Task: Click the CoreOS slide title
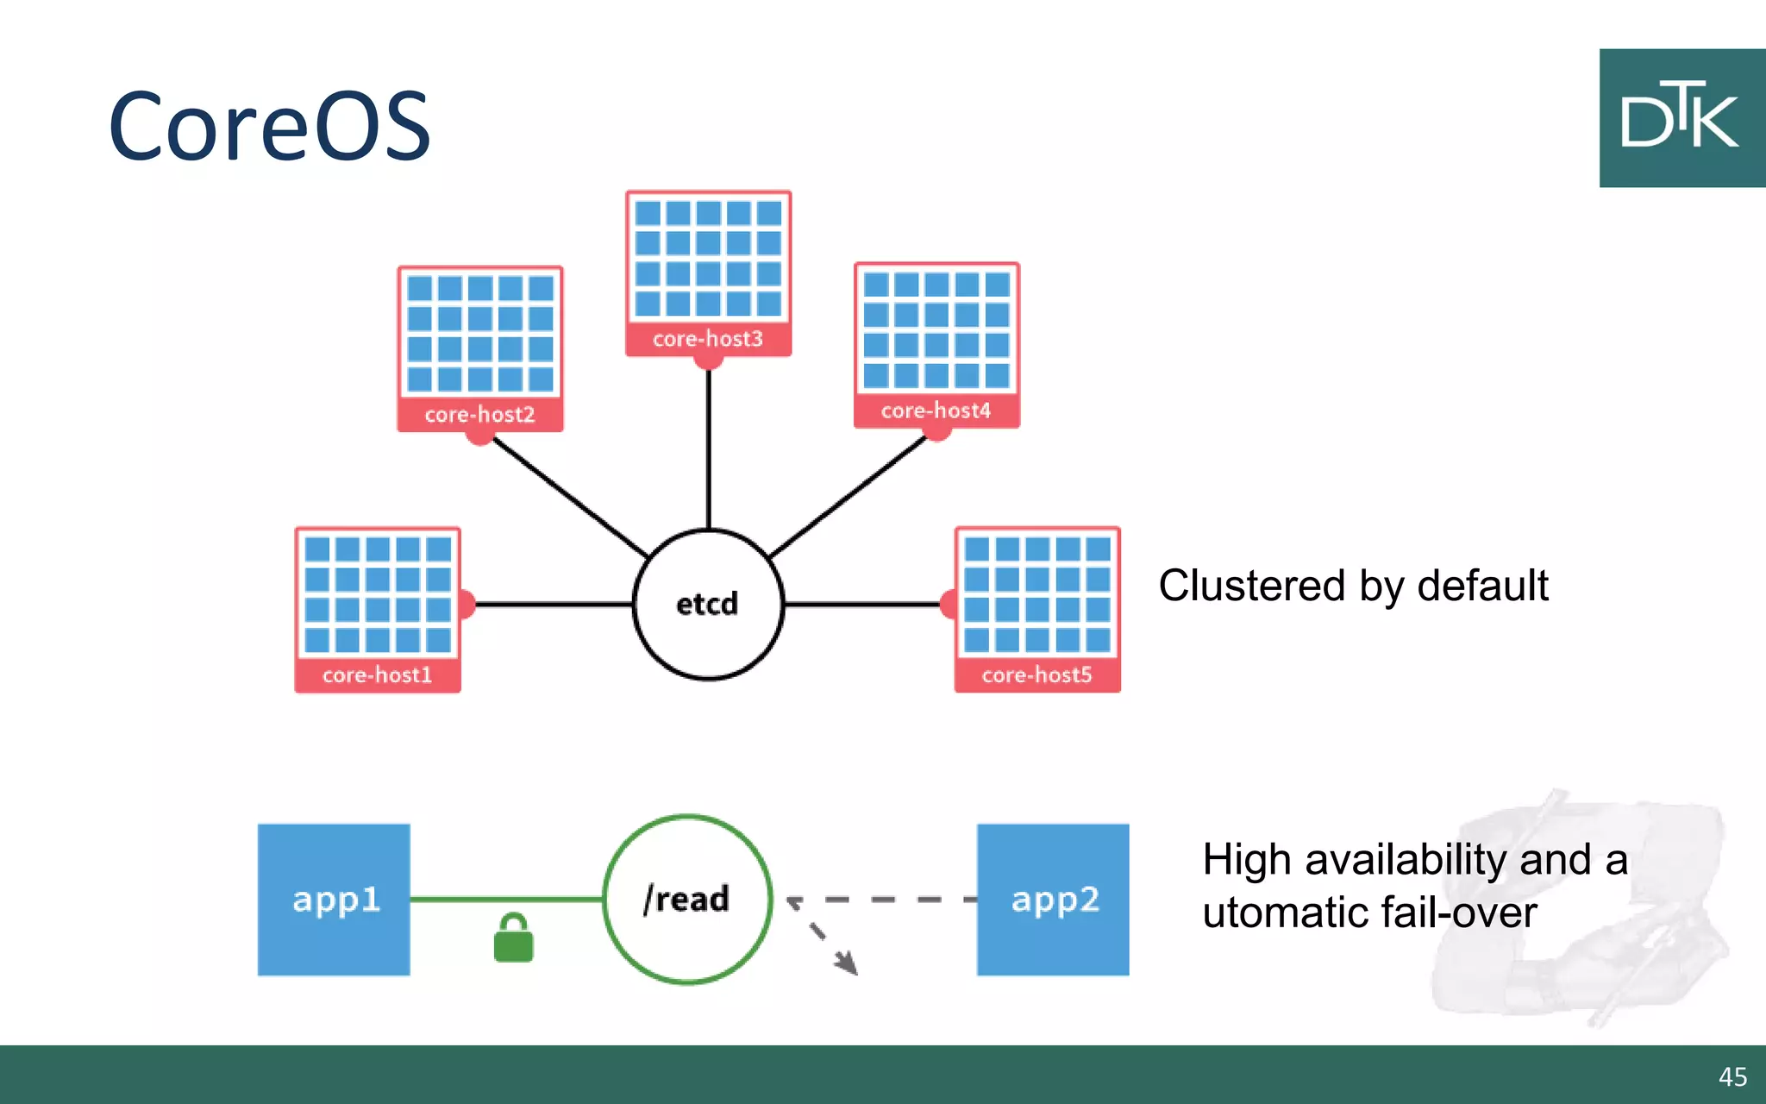269,127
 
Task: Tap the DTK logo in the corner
1681,118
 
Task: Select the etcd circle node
708,605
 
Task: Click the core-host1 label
377,674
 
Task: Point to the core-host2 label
479,414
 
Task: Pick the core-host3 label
708,339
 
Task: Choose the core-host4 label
936,411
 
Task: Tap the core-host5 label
1036,674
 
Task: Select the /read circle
687,899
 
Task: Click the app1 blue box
334,900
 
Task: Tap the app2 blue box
1053,900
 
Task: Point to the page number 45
1732,1076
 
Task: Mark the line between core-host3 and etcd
709,448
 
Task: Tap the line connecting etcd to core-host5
862,605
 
